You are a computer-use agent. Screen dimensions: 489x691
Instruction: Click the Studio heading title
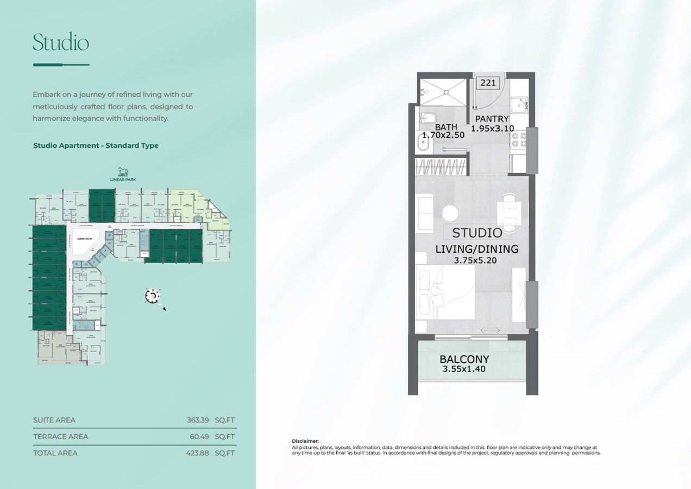pyautogui.click(x=60, y=42)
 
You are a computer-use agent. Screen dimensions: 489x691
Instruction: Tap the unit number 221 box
pyautogui.click(x=488, y=83)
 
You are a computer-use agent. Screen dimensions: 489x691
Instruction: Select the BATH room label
pyautogui.click(x=445, y=127)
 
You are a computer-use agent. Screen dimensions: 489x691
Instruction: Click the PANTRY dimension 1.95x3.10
pyautogui.click(x=492, y=128)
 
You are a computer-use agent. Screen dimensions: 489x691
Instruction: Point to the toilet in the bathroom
pyautogui.click(x=427, y=118)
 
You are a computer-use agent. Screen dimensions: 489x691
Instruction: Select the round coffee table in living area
pyautogui.click(x=450, y=212)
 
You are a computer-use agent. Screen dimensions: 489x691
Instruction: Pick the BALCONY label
pyautogui.click(x=464, y=359)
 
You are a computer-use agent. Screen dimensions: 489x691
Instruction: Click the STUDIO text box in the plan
pyautogui.click(x=477, y=233)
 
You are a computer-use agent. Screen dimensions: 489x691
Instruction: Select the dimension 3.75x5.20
pyautogui.click(x=476, y=261)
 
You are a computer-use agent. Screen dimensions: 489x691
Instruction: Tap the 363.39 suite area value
pyautogui.click(x=198, y=420)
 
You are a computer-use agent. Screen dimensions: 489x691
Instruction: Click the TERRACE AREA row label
pyautogui.click(x=60, y=436)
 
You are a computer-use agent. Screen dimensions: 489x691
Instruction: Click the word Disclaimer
pyautogui.click(x=305, y=441)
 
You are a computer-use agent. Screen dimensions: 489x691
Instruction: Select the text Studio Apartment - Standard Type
pyautogui.click(x=96, y=146)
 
